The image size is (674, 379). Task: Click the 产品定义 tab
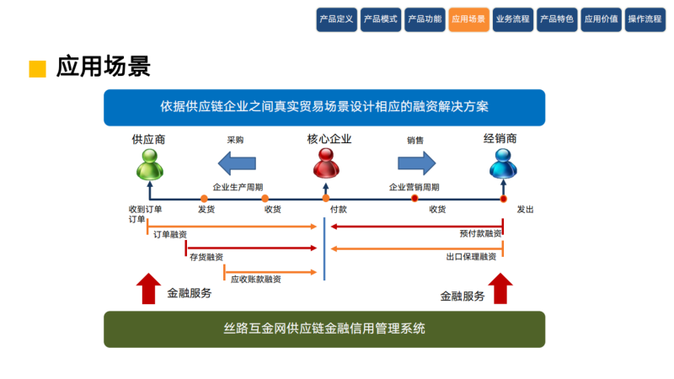337,19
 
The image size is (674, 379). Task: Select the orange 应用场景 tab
468,19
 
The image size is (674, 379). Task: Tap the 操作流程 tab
645,19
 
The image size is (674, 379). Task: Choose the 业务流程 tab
512,19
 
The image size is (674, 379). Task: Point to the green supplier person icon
148,166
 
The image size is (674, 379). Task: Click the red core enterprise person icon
324,165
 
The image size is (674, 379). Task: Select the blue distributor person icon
501,165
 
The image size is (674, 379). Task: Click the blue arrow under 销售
416,162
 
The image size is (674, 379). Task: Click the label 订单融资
170,235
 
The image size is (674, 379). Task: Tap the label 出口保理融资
471,256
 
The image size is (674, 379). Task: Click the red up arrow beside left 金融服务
148,288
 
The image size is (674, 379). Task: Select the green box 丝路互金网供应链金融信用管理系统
324,328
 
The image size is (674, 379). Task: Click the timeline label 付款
339,210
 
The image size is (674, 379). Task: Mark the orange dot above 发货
204,199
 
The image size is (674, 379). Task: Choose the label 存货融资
206,256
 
